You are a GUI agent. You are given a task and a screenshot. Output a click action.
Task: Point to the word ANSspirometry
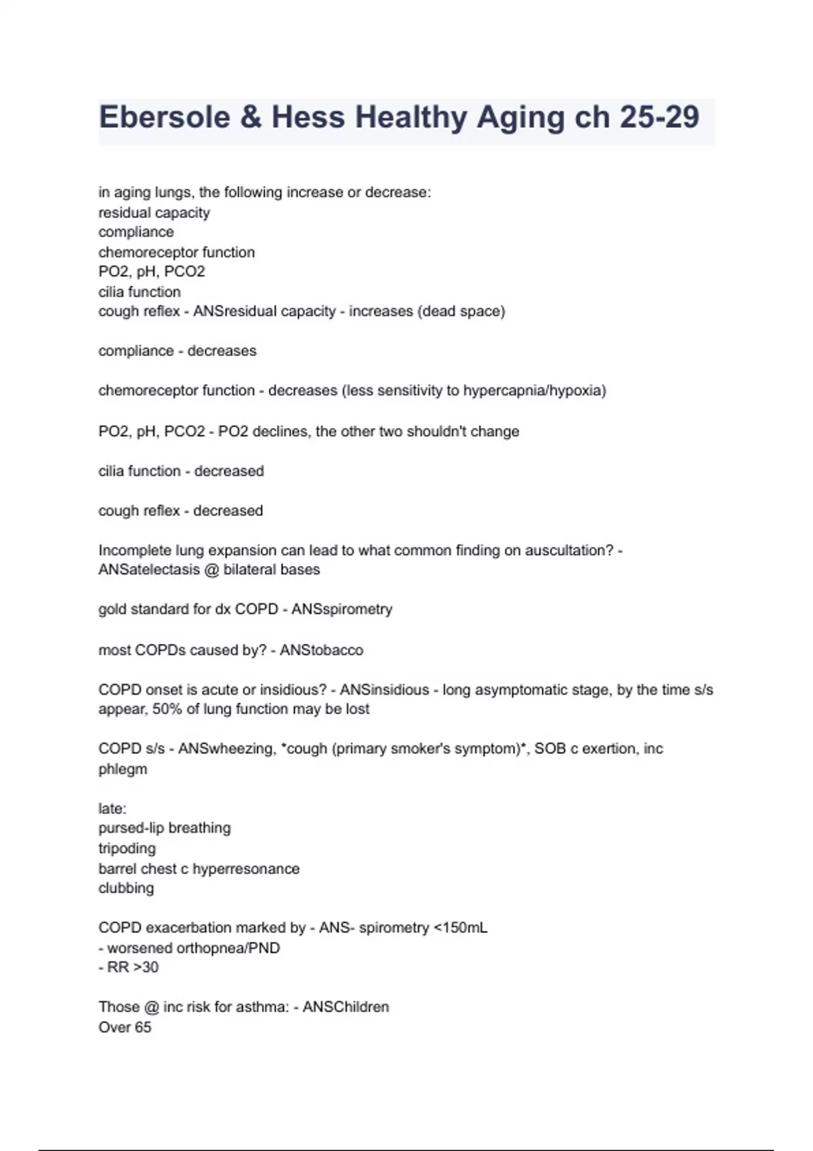coord(341,609)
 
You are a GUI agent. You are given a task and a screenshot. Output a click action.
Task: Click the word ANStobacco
coord(321,650)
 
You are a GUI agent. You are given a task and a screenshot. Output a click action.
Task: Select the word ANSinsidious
coord(384,690)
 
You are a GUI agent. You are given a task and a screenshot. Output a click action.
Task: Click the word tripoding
coord(127,848)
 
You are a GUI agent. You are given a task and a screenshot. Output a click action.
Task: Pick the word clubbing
coord(126,888)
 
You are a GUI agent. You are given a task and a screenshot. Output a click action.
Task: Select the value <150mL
coord(460,928)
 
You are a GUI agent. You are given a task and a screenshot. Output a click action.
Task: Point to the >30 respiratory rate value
coord(144,968)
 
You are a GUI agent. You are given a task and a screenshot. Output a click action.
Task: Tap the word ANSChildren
coord(346,1007)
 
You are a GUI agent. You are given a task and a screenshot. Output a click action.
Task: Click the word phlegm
coord(123,769)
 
